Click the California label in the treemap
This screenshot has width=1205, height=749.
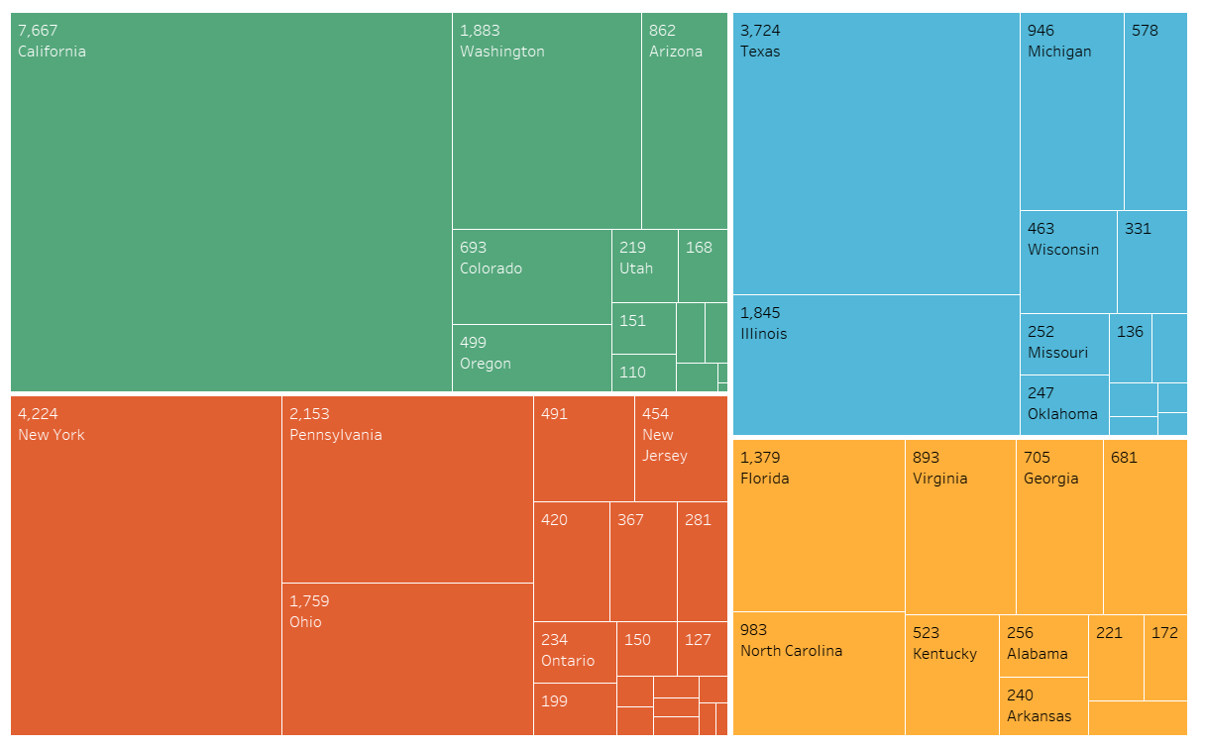click(52, 52)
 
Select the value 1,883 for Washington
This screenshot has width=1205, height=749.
click(480, 31)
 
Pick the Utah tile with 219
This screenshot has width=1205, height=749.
click(644, 266)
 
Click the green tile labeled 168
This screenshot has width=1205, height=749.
click(703, 266)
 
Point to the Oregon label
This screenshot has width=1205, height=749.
click(486, 364)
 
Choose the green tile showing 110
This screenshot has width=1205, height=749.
click(643, 373)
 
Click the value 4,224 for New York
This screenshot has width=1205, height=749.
click(38, 414)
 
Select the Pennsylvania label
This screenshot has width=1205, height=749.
click(335, 435)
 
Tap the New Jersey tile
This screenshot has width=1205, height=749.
click(680, 449)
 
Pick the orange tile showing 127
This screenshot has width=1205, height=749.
click(702, 649)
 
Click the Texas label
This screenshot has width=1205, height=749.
click(760, 52)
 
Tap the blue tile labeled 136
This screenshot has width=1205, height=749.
click(1130, 348)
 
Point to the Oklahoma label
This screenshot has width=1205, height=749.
click(1062, 414)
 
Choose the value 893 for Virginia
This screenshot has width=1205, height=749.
click(926, 458)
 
